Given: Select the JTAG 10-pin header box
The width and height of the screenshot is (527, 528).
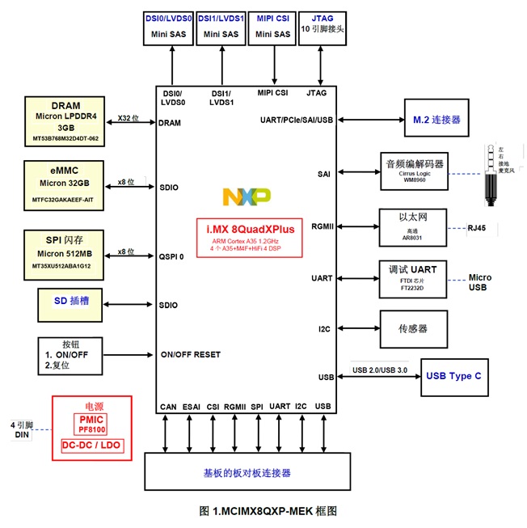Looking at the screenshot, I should (322, 28).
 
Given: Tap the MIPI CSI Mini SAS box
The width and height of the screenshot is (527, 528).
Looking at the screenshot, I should (272, 28).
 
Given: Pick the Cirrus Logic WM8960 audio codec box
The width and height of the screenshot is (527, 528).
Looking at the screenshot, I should (413, 171).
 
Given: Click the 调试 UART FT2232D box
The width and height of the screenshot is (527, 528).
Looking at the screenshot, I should (413, 277).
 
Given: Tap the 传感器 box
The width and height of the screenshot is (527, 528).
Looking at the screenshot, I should (413, 328).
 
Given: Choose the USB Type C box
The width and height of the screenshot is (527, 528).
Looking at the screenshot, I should (454, 377).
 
